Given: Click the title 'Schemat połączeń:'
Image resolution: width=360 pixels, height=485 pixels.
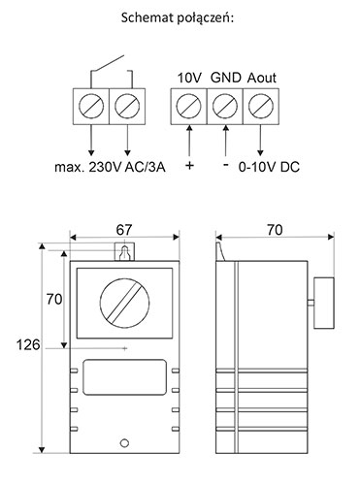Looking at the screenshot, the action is click(178, 18).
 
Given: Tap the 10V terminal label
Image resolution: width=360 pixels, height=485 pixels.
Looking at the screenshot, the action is click(189, 78).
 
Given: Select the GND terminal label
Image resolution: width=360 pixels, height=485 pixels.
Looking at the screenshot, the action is click(226, 78).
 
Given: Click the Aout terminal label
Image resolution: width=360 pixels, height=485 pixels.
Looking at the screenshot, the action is click(262, 78).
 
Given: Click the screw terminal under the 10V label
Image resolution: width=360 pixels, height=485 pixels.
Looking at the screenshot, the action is click(188, 106).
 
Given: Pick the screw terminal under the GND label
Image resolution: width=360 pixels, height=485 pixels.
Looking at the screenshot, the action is click(225, 106).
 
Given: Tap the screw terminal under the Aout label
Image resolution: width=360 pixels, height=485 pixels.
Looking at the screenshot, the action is click(261, 106).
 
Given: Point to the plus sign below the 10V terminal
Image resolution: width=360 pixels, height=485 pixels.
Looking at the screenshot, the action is click(190, 166).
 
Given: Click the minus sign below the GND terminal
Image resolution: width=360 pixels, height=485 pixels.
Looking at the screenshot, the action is click(226, 165).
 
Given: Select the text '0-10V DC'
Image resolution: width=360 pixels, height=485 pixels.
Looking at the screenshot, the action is click(269, 167).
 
